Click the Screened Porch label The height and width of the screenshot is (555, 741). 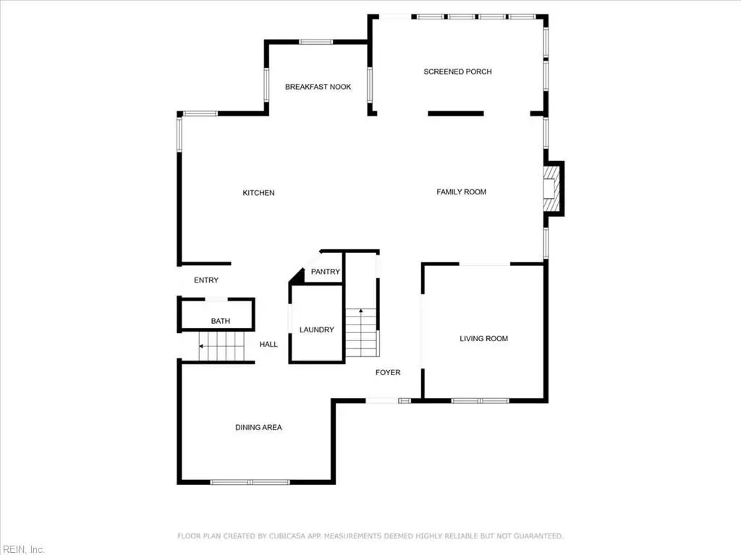coord(457,72)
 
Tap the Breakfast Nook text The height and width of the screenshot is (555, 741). coord(318,87)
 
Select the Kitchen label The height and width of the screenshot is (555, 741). coord(258,192)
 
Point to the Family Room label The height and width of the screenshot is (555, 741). coord(461,192)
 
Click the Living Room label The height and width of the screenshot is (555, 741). coord(484,338)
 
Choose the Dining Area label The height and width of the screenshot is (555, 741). coord(258,427)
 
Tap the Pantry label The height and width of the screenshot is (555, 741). coord(325,272)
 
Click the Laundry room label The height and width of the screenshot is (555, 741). coord(317,330)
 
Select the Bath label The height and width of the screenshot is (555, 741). coord(220,321)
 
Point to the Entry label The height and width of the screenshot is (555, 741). coord(206,280)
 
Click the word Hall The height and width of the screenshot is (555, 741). coord(268,344)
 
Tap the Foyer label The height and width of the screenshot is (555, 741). coord(388,372)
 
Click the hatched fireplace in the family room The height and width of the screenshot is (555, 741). coord(551,189)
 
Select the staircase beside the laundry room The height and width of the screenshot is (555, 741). coord(362,332)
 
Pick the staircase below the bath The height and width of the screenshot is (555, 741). coord(221,346)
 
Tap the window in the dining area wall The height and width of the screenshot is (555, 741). coord(250,482)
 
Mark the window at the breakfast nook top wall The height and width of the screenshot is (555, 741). coord(316,42)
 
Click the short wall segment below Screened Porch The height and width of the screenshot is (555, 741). coord(456,113)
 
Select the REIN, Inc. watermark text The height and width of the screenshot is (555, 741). coord(24,549)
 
